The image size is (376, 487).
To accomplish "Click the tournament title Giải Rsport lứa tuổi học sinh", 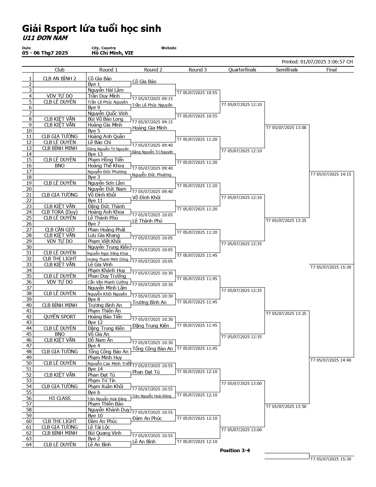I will [x=91, y=29].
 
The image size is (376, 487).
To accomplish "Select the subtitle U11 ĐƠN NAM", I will [x=45, y=38].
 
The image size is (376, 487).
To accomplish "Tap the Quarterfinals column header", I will [x=242, y=70].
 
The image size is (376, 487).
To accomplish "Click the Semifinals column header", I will [x=287, y=70].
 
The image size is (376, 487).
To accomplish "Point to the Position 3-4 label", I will [x=235, y=450].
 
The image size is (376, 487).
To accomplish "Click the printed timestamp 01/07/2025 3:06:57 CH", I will [x=326, y=62].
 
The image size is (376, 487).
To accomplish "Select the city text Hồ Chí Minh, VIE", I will [x=112, y=53].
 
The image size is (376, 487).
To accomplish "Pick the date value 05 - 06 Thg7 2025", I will [x=45, y=53].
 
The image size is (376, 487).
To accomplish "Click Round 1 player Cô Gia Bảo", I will [x=100, y=79].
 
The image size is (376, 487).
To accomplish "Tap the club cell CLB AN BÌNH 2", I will [x=60, y=79].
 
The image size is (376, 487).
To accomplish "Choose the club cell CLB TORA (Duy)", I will [x=60, y=212].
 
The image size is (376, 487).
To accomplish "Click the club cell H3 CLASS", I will [x=60, y=398].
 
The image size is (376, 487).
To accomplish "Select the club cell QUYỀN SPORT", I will [x=60, y=317].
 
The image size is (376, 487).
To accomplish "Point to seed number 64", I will [x=29, y=444].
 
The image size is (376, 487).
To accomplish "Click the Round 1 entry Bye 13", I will [x=95, y=154].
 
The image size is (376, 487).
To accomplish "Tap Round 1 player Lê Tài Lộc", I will [x=99, y=427].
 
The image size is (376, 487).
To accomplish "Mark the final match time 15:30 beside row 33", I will [x=331, y=267].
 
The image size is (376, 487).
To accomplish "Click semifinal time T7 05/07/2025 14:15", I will [x=331, y=174].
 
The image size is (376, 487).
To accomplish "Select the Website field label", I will [x=169, y=48].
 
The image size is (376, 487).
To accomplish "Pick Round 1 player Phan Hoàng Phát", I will [x=106, y=230].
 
